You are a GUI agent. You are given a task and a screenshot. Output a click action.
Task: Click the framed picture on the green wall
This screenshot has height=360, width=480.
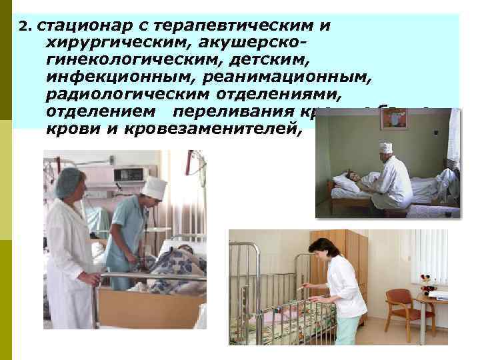(x=393, y=119)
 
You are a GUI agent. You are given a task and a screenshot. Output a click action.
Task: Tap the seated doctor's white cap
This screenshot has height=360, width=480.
(x=386, y=147)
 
